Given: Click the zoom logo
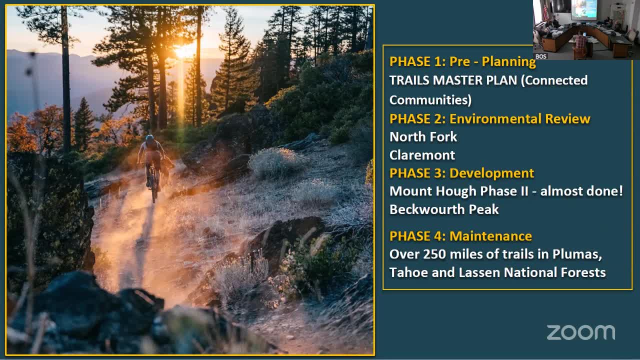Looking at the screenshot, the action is click(580, 332).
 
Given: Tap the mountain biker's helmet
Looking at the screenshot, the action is click(149, 138).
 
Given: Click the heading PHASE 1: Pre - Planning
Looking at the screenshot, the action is click(462, 61).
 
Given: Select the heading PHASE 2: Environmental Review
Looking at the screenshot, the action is click(489, 119).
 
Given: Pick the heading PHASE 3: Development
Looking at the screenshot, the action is click(461, 173).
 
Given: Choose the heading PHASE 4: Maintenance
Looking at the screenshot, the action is click(460, 236).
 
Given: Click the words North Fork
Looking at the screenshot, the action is click(423, 137).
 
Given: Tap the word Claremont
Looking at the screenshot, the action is click(422, 155).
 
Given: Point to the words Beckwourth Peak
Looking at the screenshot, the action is click(444, 209).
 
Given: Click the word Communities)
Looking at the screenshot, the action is click(430, 100).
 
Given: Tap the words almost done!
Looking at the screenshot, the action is click(581, 191).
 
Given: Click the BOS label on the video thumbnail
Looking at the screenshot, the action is click(541, 56).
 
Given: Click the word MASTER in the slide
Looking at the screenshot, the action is click(459, 80).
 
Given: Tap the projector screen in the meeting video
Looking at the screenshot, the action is click(584, 9).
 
